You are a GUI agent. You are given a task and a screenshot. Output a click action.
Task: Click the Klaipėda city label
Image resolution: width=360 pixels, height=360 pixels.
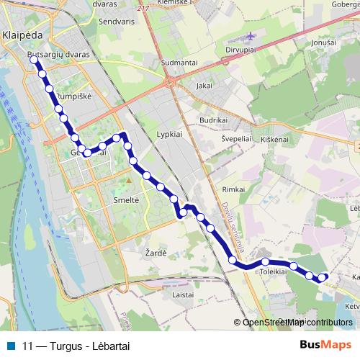point(23,34)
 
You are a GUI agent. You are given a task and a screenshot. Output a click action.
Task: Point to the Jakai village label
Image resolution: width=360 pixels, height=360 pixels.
point(204,85)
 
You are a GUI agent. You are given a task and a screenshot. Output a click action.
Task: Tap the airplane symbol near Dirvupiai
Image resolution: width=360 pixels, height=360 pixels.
point(250,37)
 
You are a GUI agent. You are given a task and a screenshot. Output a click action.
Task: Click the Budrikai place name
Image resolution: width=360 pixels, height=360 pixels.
point(213,120)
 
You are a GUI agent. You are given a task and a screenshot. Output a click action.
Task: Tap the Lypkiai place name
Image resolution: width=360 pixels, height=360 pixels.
point(170,134)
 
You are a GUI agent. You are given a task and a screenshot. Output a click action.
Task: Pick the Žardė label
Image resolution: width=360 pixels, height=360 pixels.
point(156,252)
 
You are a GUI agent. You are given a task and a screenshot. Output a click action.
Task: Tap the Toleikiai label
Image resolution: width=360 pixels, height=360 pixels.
point(274,272)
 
